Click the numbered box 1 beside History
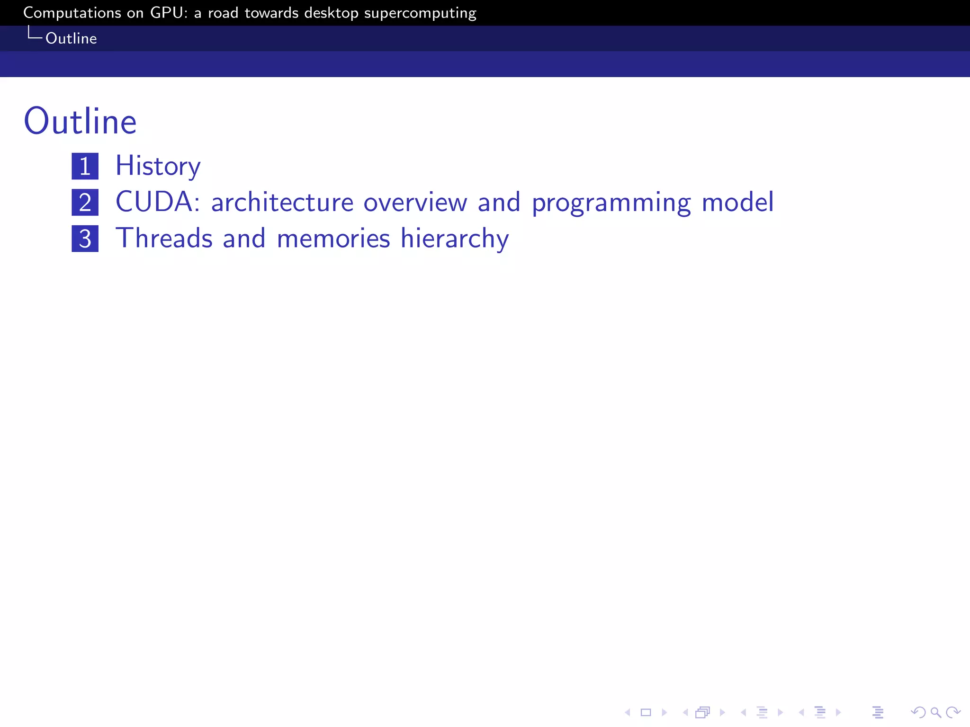(85, 166)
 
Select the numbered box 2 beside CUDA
(85, 203)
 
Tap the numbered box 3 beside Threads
(85, 239)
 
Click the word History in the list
(158, 166)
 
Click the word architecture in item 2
(282, 203)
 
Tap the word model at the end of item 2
(737, 202)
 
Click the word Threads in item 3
(164, 238)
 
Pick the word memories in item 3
(333, 238)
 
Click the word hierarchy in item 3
(455, 239)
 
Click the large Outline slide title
(80, 122)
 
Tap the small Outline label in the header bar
(71, 38)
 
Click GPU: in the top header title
(169, 13)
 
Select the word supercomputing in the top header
(420, 13)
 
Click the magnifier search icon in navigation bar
(935, 712)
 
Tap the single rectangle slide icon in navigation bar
(646, 712)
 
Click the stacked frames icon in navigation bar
(703, 712)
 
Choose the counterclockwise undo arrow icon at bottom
(917, 712)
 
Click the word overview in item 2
(415, 203)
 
